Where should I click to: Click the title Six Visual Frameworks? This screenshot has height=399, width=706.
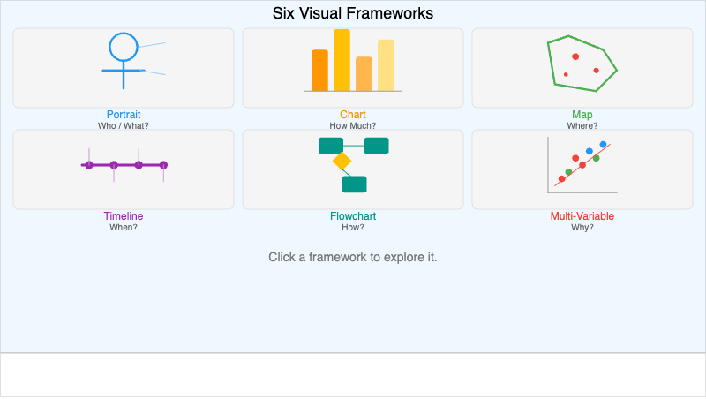(x=353, y=13)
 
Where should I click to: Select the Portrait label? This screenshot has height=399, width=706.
(x=124, y=115)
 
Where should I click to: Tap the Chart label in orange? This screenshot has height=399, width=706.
(x=353, y=115)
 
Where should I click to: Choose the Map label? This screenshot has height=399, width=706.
(x=582, y=115)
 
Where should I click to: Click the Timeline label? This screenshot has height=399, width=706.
(x=124, y=216)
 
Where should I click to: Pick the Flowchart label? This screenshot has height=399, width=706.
(x=353, y=216)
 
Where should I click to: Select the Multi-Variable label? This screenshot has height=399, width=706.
(x=582, y=216)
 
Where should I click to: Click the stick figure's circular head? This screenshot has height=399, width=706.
(x=124, y=47)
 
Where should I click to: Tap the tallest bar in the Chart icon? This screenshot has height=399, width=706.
(x=342, y=60)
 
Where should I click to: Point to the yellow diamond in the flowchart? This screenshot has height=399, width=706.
(x=342, y=162)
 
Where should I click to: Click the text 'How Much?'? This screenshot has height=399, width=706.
(x=353, y=125)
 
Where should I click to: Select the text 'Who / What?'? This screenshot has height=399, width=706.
(x=124, y=125)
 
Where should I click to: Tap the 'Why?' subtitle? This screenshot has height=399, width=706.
(x=582, y=227)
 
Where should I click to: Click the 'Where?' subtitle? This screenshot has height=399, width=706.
(x=582, y=125)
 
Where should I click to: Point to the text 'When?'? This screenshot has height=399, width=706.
(x=124, y=227)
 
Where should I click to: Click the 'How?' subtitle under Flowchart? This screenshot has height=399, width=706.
(x=353, y=227)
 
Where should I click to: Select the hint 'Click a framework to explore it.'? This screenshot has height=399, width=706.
(x=353, y=257)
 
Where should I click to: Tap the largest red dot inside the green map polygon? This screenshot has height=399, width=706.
(x=575, y=56)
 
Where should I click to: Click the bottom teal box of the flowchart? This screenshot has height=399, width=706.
(x=354, y=184)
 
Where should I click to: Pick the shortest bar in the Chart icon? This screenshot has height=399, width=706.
(x=364, y=74)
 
